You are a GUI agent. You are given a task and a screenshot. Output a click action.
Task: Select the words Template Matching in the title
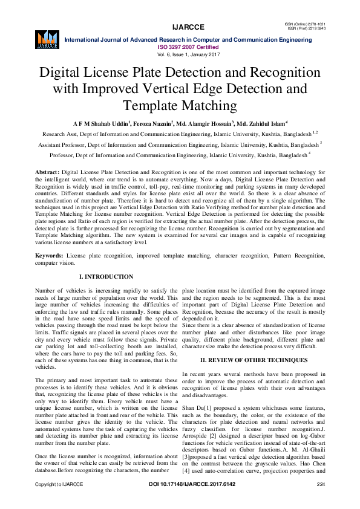tap(180, 106)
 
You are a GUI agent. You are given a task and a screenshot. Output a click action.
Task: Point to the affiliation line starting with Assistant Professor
tap(180, 145)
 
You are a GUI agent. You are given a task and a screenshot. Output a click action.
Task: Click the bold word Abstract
tap(48, 173)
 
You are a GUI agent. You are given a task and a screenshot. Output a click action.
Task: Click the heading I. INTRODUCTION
tap(106, 277)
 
